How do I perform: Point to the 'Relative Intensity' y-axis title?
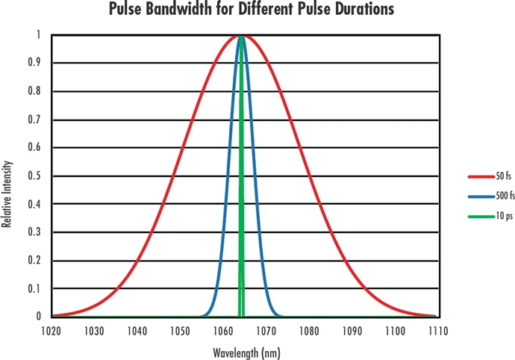pos(7,193)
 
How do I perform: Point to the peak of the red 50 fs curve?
pos(242,36)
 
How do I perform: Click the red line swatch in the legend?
pos(478,176)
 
